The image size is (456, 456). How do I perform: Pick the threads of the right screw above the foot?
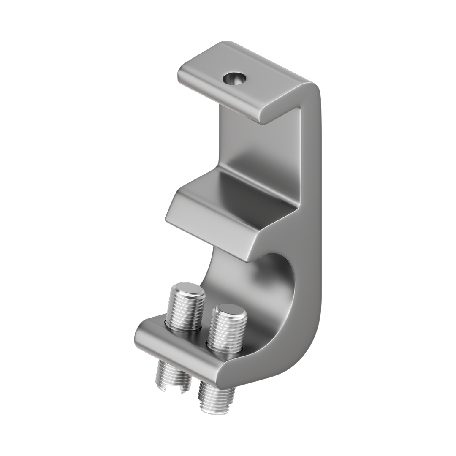click(228, 331)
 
